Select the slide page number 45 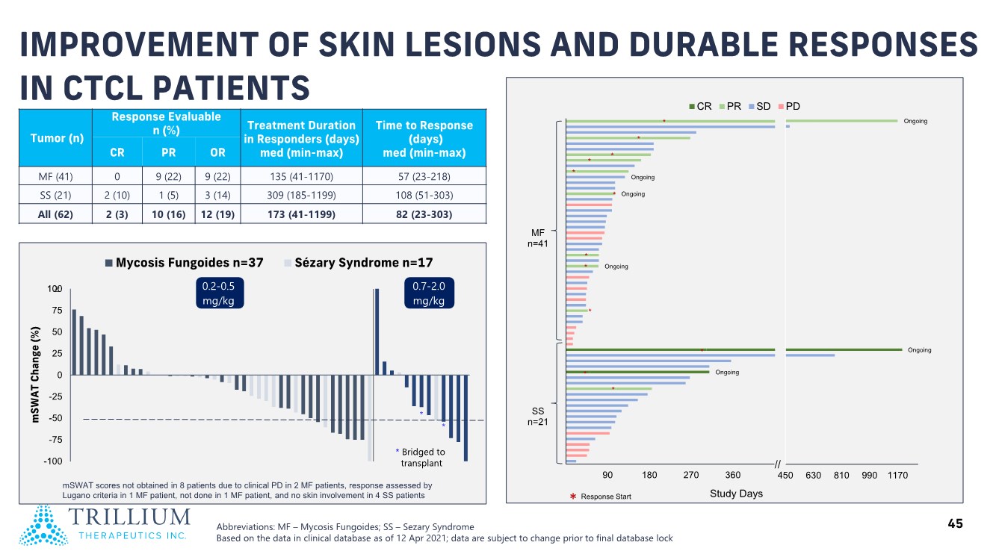pyautogui.click(x=955, y=524)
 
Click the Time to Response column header pyautogui.click(x=424, y=139)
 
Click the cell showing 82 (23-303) pyautogui.click(x=424, y=214)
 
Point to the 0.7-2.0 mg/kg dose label pyautogui.click(x=428, y=293)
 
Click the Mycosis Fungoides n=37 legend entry pyautogui.click(x=182, y=262)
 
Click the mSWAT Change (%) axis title pyautogui.click(x=35, y=375)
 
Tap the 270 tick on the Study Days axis pyautogui.click(x=691, y=476)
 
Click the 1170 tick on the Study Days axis pyautogui.click(x=897, y=476)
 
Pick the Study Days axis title pyautogui.click(x=736, y=494)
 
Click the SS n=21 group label pyautogui.click(x=538, y=417)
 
